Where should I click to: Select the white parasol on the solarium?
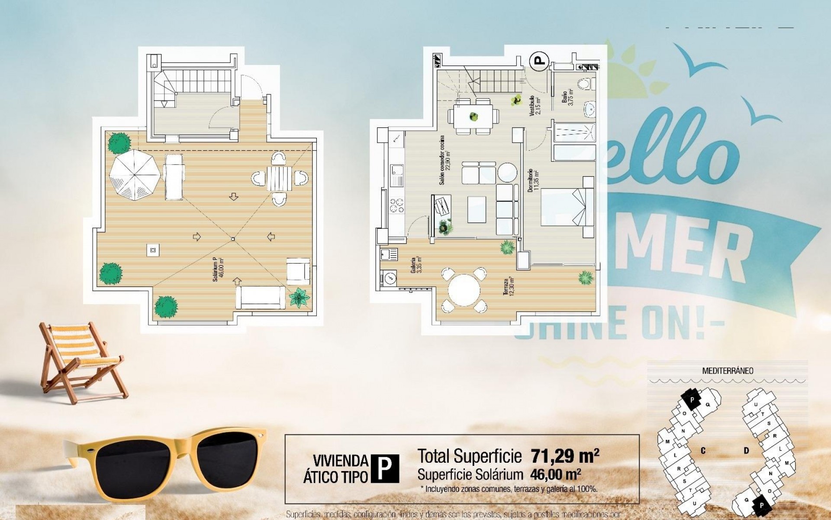point(135,175)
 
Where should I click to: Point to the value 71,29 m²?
point(565,456)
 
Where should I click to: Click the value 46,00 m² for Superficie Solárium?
point(555,474)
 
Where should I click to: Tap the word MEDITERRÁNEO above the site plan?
point(728,371)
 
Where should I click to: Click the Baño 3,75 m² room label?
point(567,97)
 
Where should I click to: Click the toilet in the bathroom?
point(586,84)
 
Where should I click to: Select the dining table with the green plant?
point(473,116)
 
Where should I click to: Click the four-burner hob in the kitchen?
point(397,205)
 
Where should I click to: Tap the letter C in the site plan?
point(703,451)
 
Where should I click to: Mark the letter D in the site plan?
point(746,451)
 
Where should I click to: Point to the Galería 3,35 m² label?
point(416,265)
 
